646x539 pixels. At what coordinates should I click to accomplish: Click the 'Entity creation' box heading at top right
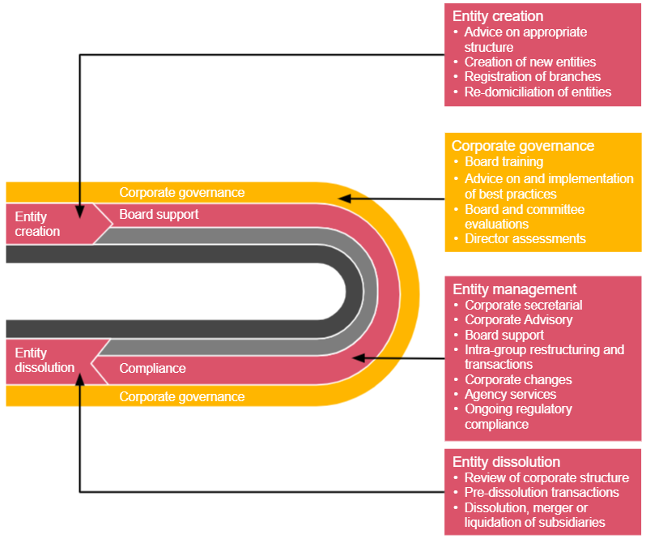tap(498, 16)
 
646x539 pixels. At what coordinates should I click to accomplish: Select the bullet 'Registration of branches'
tap(532, 77)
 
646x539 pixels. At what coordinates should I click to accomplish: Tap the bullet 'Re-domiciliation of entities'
tap(538, 92)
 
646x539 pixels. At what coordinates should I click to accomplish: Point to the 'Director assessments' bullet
tap(525, 238)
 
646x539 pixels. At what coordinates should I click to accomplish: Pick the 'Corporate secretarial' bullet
tap(523, 305)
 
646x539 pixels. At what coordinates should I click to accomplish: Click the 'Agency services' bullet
tap(510, 394)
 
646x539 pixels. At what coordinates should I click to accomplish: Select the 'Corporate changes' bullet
tap(518, 379)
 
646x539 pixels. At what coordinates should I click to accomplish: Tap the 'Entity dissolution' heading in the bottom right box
tap(506, 462)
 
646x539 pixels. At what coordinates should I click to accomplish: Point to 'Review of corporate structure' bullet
tap(546, 477)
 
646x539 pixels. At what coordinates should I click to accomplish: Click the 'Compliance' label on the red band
tap(152, 369)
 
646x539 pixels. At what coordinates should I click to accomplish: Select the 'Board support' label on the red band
tap(159, 215)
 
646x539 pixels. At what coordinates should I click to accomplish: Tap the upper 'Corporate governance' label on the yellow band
tap(181, 193)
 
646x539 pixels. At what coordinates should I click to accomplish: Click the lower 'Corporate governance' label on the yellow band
tap(181, 397)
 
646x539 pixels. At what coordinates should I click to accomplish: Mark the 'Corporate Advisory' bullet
tap(518, 319)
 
